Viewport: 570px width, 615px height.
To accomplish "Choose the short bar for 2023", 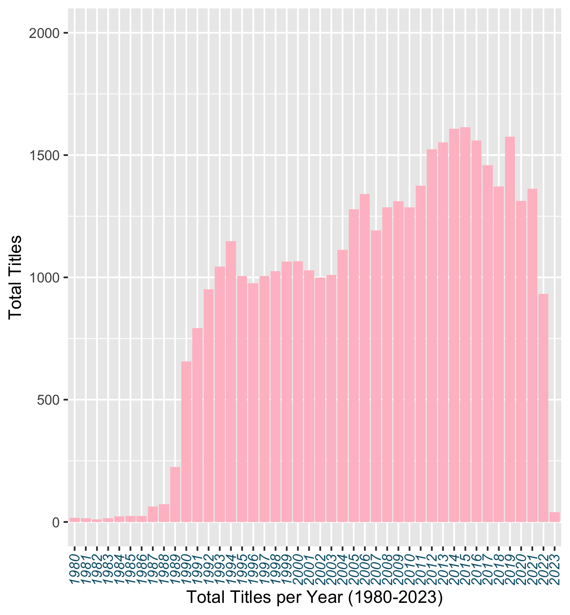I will click(x=554, y=517).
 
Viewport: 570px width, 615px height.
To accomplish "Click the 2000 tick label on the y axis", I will click(x=44, y=33).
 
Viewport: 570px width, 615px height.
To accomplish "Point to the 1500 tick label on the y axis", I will click(x=44, y=156).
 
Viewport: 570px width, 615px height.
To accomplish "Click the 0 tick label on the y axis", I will click(x=56, y=522).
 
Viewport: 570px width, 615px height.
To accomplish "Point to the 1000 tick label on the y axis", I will click(x=44, y=278).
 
